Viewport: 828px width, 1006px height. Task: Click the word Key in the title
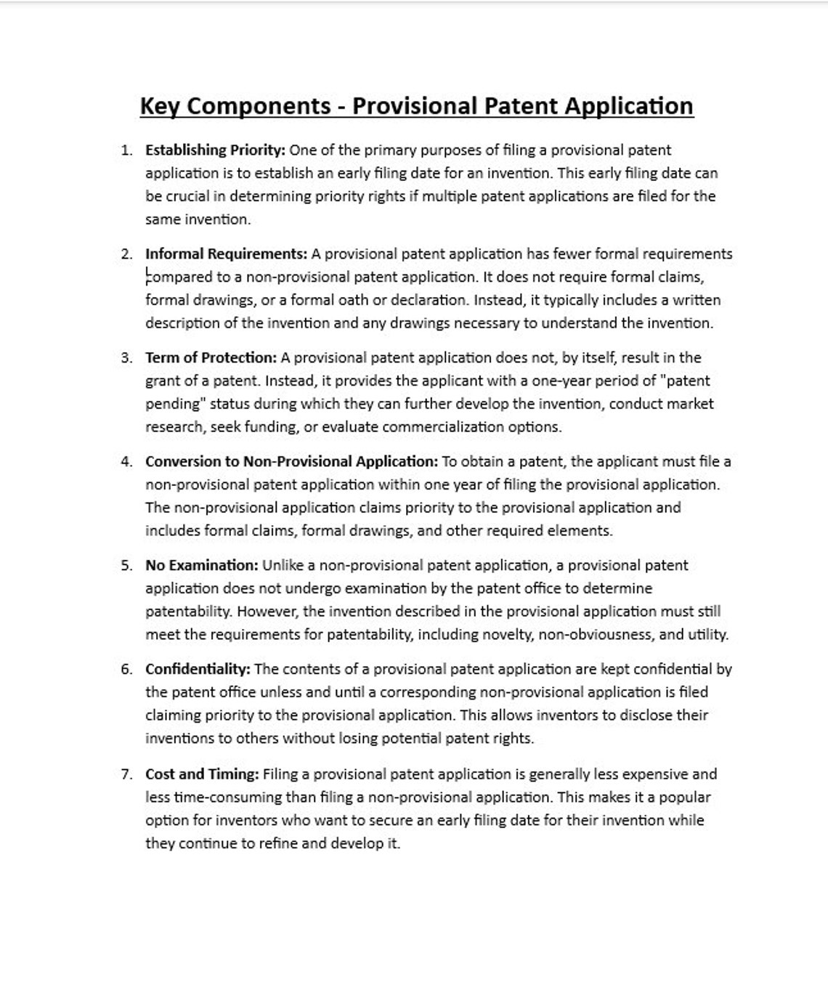(160, 106)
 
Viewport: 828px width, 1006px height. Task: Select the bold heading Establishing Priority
(215, 150)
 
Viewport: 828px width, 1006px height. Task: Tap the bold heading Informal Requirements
(226, 254)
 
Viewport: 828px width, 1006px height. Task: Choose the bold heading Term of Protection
(211, 358)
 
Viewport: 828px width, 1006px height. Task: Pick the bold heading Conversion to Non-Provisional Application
(291, 462)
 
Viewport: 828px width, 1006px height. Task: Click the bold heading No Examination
(201, 566)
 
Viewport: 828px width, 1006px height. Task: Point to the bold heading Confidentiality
(198, 670)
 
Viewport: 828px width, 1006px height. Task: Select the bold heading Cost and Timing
(202, 774)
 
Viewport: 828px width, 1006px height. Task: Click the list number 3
(126, 358)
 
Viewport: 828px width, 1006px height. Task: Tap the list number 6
(126, 670)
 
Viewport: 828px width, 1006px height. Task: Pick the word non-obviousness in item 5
(596, 635)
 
